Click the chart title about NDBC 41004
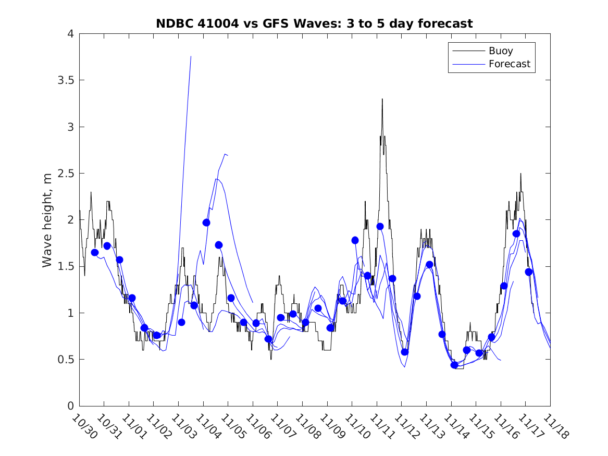coord(314,23)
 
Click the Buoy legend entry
coord(500,51)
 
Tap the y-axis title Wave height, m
coord(47,220)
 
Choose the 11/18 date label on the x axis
coord(555,426)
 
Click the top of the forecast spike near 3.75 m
coord(191,56)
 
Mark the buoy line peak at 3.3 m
coord(382,99)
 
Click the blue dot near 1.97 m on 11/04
coord(206,223)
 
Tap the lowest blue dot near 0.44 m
coord(454,365)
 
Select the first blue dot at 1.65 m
coord(95,252)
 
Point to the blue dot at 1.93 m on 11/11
coord(380,226)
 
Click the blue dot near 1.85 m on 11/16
coord(516,234)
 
